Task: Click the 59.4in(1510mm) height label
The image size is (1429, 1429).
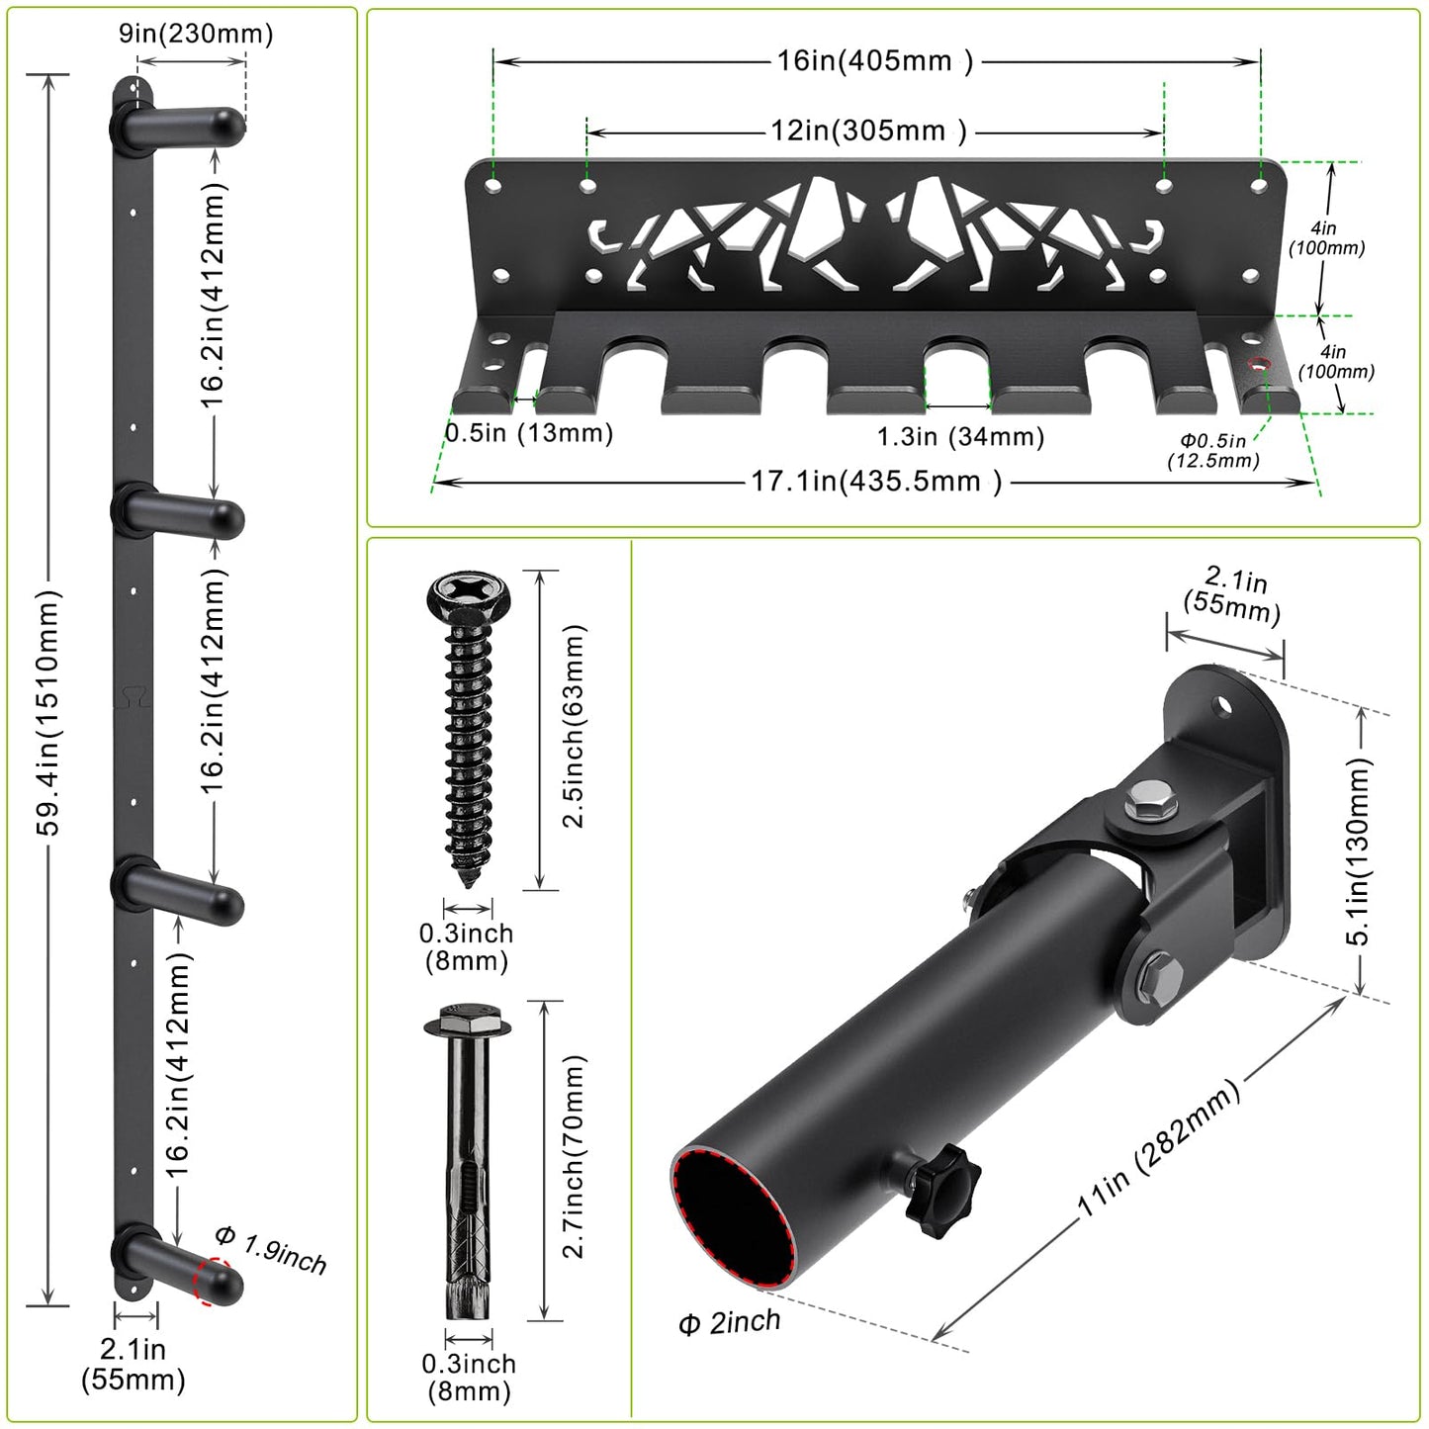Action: pos(48,713)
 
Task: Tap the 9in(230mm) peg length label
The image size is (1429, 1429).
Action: pos(196,34)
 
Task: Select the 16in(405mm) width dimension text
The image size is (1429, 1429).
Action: pos(875,60)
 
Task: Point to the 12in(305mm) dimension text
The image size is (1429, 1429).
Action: pos(868,132)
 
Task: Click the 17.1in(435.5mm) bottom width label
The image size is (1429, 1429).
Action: pos(876,482)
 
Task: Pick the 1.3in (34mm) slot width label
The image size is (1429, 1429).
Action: pos(960,437)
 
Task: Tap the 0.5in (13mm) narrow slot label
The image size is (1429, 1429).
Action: pos(529,432)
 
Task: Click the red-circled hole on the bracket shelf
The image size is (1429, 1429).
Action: pos(1259,364)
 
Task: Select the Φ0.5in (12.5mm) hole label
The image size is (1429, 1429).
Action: pos(1213,451)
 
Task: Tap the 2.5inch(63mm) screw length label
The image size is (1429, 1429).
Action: pos(574,726)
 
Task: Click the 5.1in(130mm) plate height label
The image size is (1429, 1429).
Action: pos(1357,852)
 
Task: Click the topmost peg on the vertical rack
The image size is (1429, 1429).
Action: pos(178,126)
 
